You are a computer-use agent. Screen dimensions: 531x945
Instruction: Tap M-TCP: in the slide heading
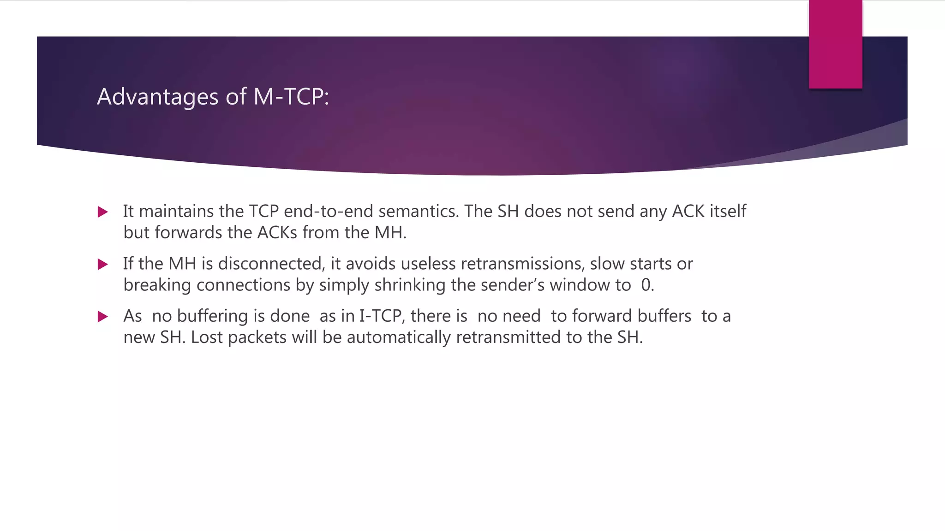[291, 97]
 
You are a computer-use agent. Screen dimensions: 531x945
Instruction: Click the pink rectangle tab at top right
[835, 44]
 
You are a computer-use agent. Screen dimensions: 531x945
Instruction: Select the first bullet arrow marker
[103, 212]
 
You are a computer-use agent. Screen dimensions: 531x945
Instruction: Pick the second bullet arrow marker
[103, 265]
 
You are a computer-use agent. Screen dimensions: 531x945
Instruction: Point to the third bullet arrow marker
[103, 317]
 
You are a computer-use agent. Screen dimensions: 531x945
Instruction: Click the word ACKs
[277, 232]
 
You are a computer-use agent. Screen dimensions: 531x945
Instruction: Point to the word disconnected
[272, 264]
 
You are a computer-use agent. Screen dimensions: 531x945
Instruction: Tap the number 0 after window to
[646, 285]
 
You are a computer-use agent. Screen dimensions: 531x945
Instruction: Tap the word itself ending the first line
[729, 211]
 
